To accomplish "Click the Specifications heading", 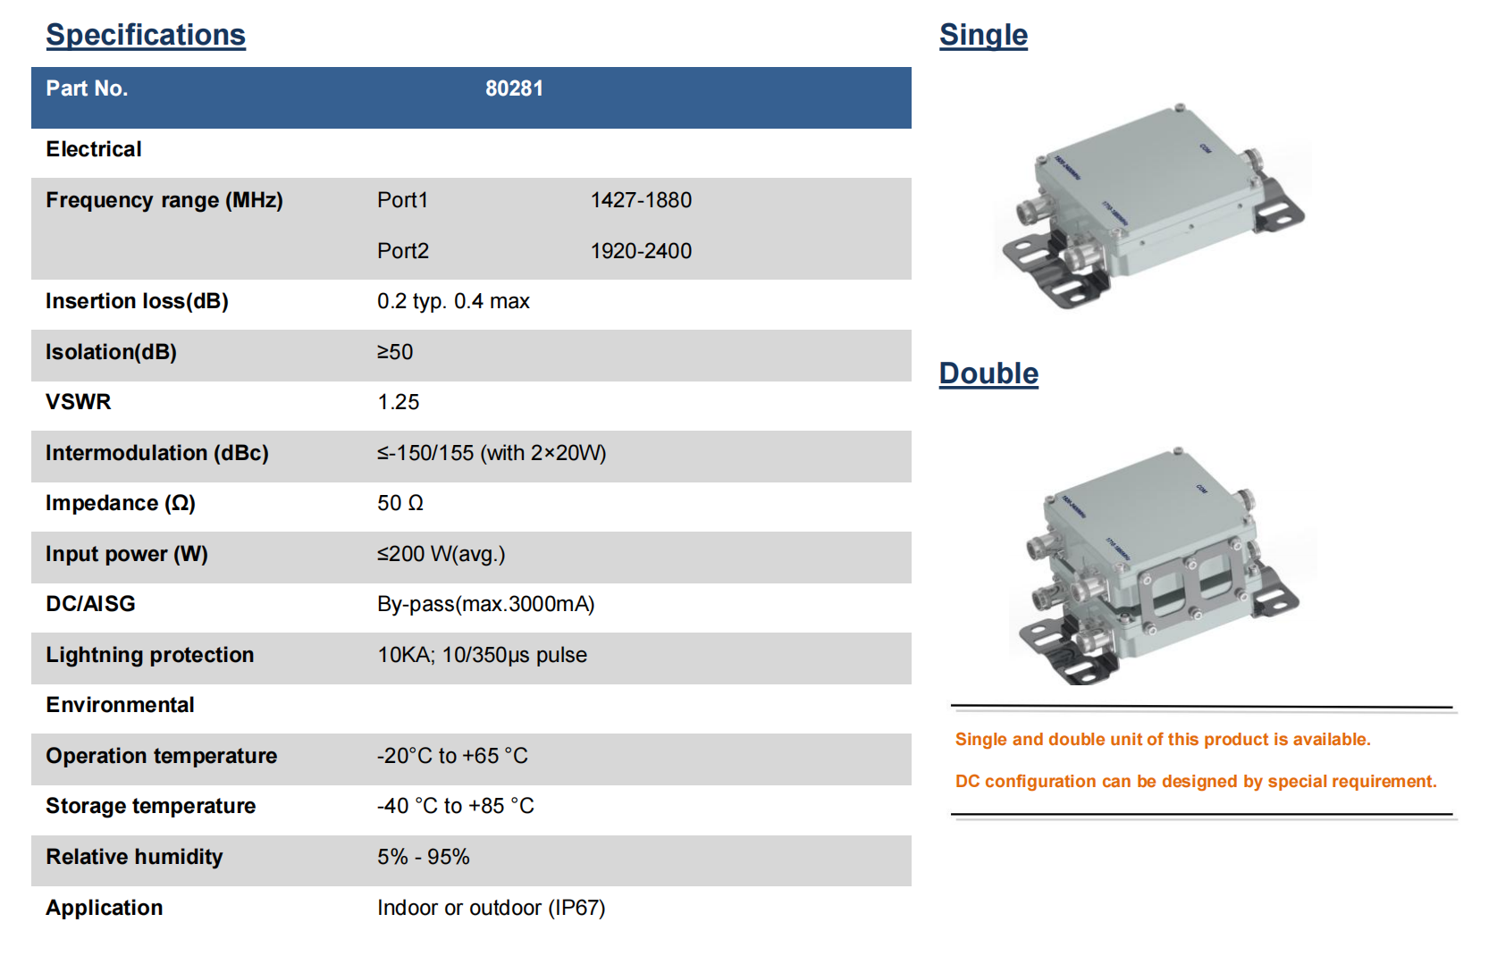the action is (x=146, y=35).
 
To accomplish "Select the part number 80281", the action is (x=514, y=88).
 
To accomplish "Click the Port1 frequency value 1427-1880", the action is (x=641, y=200).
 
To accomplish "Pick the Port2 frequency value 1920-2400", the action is (x=641, y=250).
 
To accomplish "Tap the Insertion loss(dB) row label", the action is (x=137, y=301).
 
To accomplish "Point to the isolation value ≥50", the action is (x=395, y=351).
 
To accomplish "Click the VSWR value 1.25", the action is (x=399, y=401).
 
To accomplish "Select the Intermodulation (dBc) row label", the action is (x=157, y=453).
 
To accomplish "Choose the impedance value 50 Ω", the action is (x=400, y=502).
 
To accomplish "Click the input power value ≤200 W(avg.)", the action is (x=442, y=554).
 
